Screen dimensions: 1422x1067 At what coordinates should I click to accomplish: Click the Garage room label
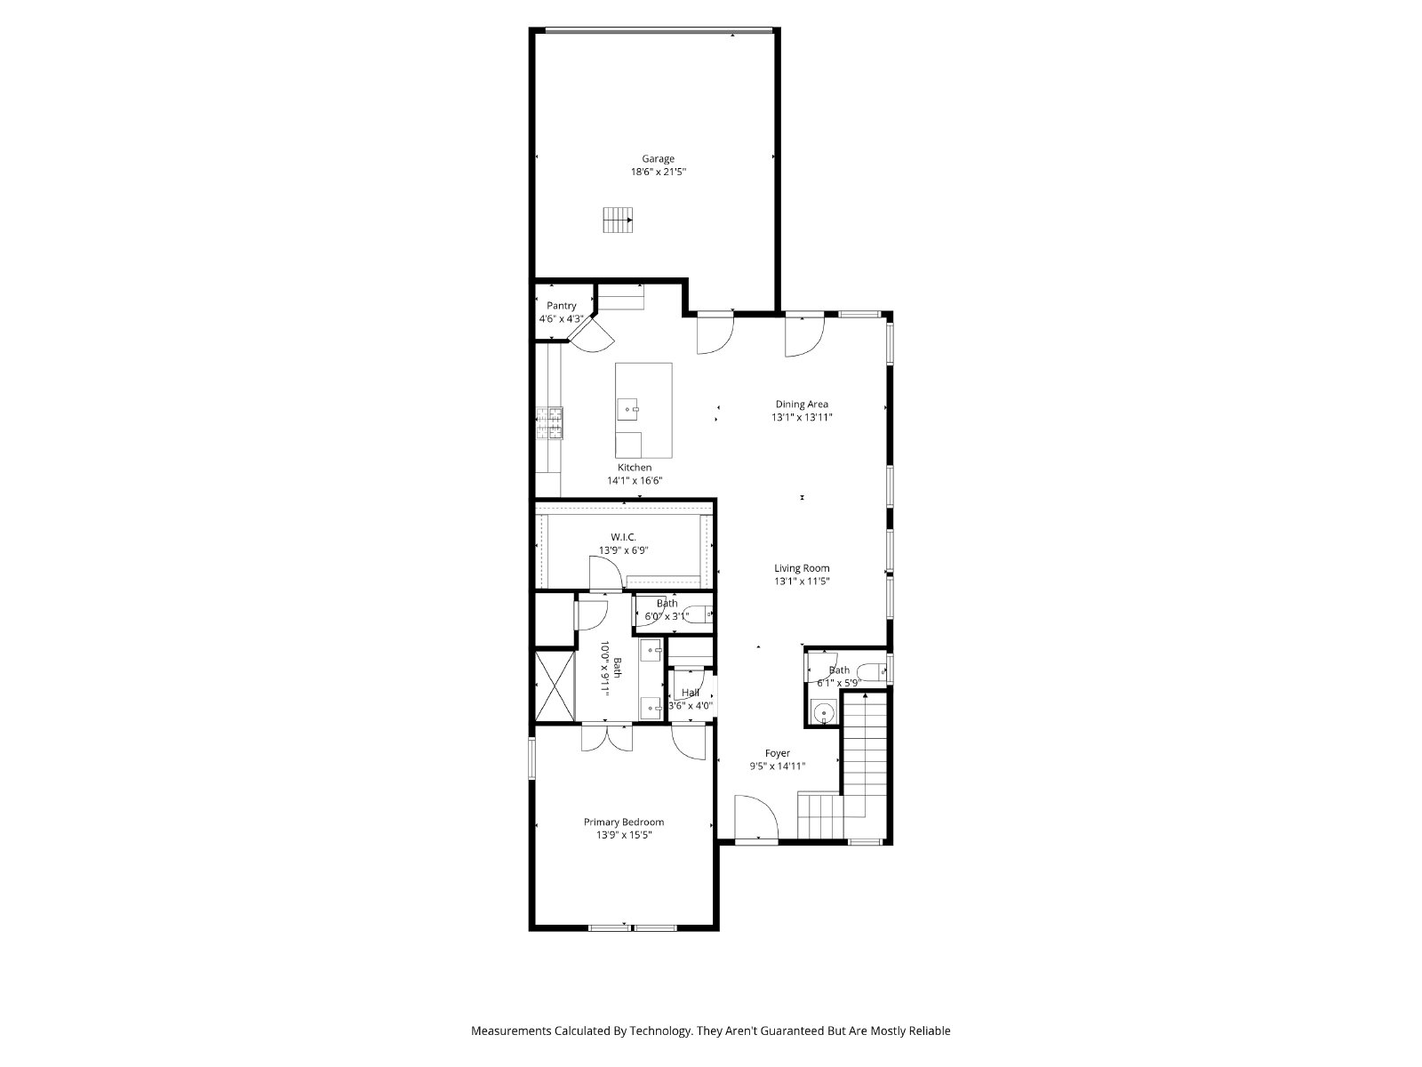(x=658, y=159)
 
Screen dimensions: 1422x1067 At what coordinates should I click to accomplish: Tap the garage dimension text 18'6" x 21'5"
(x=659, y=172)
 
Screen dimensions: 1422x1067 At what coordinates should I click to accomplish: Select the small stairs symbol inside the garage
(x=618, y=220)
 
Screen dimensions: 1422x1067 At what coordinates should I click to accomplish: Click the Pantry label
(x=561, y=306)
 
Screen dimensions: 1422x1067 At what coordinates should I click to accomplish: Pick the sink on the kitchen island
(x=627, y=409)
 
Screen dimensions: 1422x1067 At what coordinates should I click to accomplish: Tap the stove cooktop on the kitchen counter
(x=549, y=424)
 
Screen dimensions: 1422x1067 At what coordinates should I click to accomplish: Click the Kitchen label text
(x=635, y=467)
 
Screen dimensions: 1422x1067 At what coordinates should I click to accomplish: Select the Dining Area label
(x=802, y=405)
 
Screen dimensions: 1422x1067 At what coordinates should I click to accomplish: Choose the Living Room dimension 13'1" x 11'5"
(x=802, y=582)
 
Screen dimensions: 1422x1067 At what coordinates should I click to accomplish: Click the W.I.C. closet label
(x=623, y=537)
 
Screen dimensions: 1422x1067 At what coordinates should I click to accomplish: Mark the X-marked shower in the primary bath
(x=555, y=686)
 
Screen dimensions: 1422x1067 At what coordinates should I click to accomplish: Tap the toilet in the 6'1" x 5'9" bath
(x=871, y=672)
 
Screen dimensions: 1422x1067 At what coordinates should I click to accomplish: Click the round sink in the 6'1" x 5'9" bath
(x=823, y=713)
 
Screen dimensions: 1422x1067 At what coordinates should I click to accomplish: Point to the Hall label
(x=690, y=693)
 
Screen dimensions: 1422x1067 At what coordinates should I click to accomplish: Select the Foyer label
(x=778, y=753)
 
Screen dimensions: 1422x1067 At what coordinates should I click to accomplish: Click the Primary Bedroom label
(x=623, y=822)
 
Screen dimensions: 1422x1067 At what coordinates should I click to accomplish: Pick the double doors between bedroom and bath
(x=606, y=738)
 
